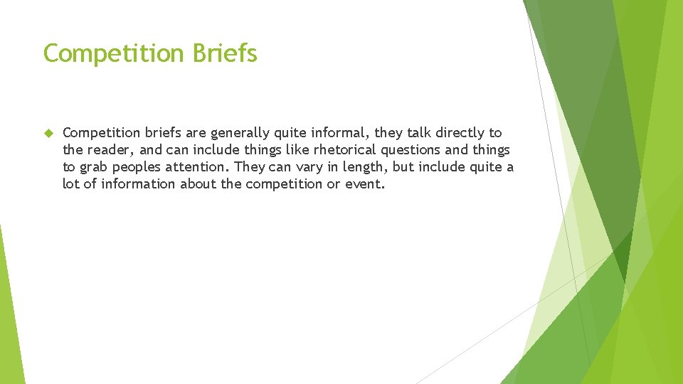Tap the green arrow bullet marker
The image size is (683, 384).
pyautogui.click(x=48, y=133)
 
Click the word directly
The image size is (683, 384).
pyautogui.click(x=461, y=133)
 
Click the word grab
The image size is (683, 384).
pyautogui.click(x=97, y=167)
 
